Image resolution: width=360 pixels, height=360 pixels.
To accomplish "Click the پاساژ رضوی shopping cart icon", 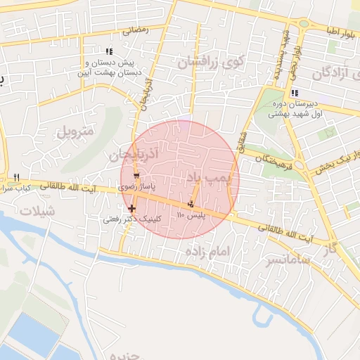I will pyautogui.click(x=136, y=175).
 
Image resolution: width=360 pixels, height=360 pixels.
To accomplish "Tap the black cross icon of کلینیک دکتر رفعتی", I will pyautogui.click(x=132, y=208).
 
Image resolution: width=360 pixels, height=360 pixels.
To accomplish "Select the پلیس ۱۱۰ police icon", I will pyautogui.click(x=189, y=204).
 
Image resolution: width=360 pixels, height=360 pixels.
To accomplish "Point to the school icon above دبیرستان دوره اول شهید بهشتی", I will pyautogui.click(x=295, y=93).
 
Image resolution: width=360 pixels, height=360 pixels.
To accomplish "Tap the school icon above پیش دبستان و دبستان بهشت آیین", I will pyautogui.click(x=108, y=51).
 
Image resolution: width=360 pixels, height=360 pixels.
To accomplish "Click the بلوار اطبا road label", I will pyautogui.click(x=341, y=30).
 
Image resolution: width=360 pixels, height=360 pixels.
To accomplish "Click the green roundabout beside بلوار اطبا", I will pyautogui.click(x=304, y=23).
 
